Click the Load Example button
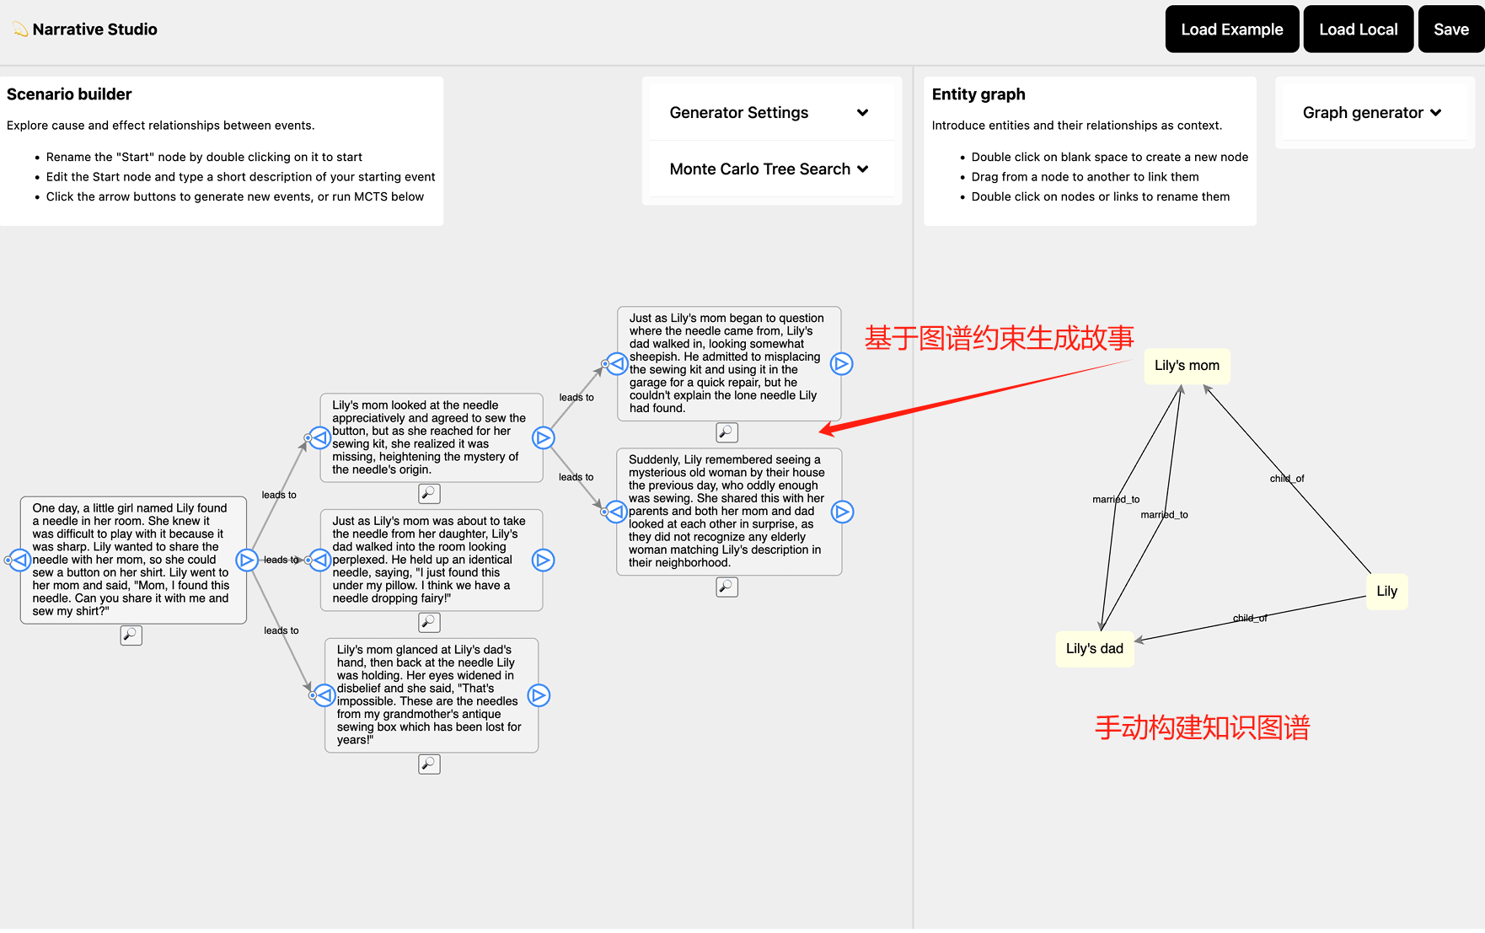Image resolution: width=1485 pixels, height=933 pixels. [x=1231, y=29]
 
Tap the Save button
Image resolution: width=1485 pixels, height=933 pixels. [x=1450, y=29]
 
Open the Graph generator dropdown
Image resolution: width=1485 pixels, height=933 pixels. [x=1372, y=113]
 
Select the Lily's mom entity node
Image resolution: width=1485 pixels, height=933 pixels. [x=1187, y=366]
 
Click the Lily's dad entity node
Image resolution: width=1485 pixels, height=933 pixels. [x=1094, y=649]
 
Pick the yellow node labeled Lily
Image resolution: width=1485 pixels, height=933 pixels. [x=1386, y=592]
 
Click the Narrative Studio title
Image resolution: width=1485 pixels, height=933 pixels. [x=94, y=29]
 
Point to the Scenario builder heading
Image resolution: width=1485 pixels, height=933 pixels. [x=69, y=94]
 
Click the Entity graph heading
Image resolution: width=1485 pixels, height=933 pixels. [x=978, y=94]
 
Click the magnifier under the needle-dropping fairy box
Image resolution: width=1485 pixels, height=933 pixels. [x=430, y=622]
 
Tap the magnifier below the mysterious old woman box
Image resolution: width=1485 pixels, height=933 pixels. [x=726, y=587]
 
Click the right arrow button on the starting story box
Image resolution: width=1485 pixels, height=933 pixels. [x=246, y=560]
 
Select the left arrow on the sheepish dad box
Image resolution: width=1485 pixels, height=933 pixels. [x=618, y=364]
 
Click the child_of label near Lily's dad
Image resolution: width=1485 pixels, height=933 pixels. [x=1250, y=619]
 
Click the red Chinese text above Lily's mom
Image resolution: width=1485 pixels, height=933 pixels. [x=1000, y=338]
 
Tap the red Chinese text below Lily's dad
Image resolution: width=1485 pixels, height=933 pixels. [x=1202, y=727]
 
